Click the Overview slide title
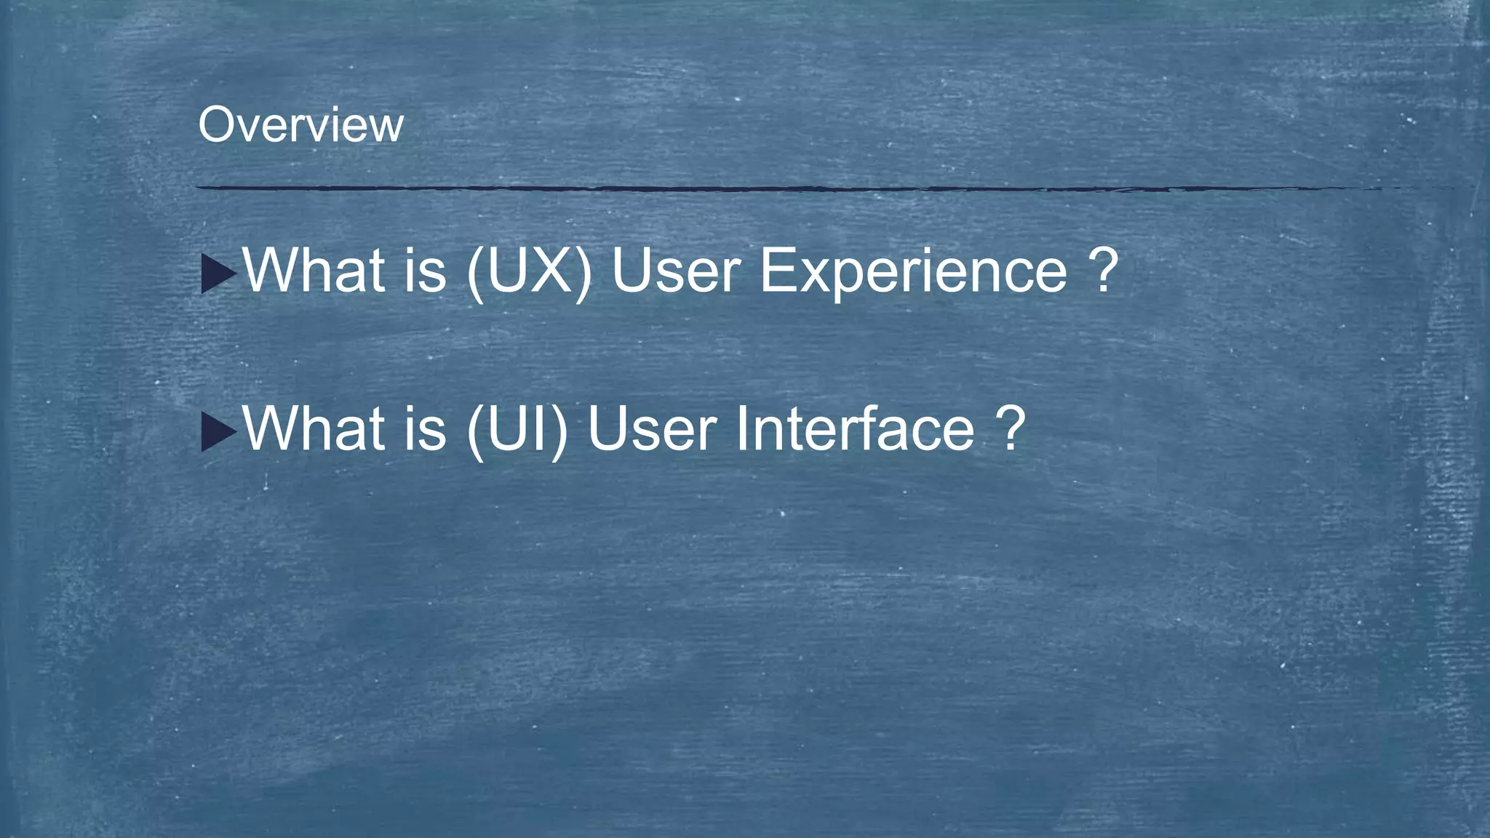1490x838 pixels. (x=300, y=125)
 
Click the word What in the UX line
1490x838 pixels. (x=314, y=270)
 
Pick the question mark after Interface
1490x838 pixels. (x=1011, y=428)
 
